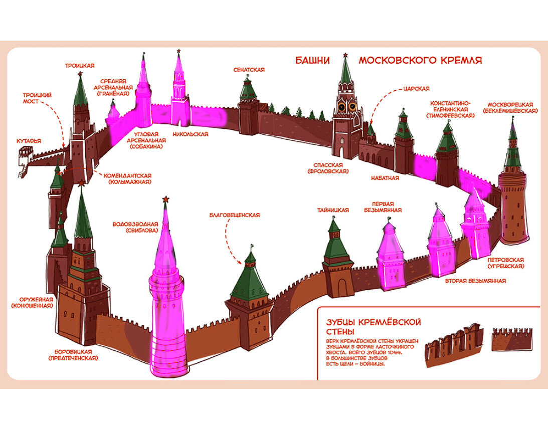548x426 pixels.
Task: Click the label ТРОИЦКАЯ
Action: pyautogui.click(x=80, y=65)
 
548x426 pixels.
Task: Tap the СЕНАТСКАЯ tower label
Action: pyautogui.click(x=249, y=70)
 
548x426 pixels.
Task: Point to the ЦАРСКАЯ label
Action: pyautogui.click(x=416, y=89)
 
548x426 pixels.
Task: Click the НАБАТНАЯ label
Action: pyautogui.click(x=385, y=178)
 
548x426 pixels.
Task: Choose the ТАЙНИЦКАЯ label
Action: pyautogui.click(x=333, y=210)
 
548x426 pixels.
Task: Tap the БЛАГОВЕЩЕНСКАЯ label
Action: pyautogui.click(x=235, y=215)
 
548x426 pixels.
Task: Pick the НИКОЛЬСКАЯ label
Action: pyautogui.click(x=190, y=134)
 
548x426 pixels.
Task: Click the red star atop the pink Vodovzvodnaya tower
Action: pyautogui.click(x=165, y=200)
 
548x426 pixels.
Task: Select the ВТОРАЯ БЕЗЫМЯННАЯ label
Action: pyautogui.click(x=475, y=281)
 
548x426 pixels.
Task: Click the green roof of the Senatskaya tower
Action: pyautogui.click(x=248, y=91)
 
